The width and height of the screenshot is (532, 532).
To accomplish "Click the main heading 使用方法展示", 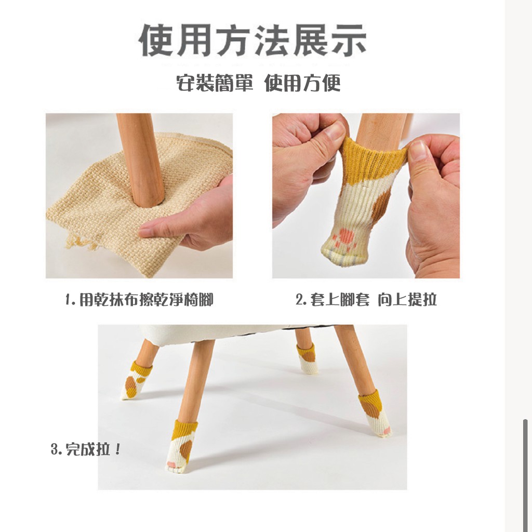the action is [x=252, y=40].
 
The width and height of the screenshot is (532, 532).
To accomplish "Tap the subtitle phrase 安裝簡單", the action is [x=215, y=83].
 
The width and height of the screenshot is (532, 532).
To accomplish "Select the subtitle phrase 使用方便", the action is [x=302, y=83].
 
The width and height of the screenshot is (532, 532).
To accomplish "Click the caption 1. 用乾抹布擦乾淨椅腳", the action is [x=139, y=300].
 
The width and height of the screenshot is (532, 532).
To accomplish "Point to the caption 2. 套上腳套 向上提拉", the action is [x=366, y=300].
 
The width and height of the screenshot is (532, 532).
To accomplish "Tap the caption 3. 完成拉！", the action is [x=86, y=449].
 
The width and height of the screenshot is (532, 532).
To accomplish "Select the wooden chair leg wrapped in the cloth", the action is [x=141, y=159].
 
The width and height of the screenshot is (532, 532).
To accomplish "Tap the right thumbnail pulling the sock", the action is [x=418, y=150].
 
